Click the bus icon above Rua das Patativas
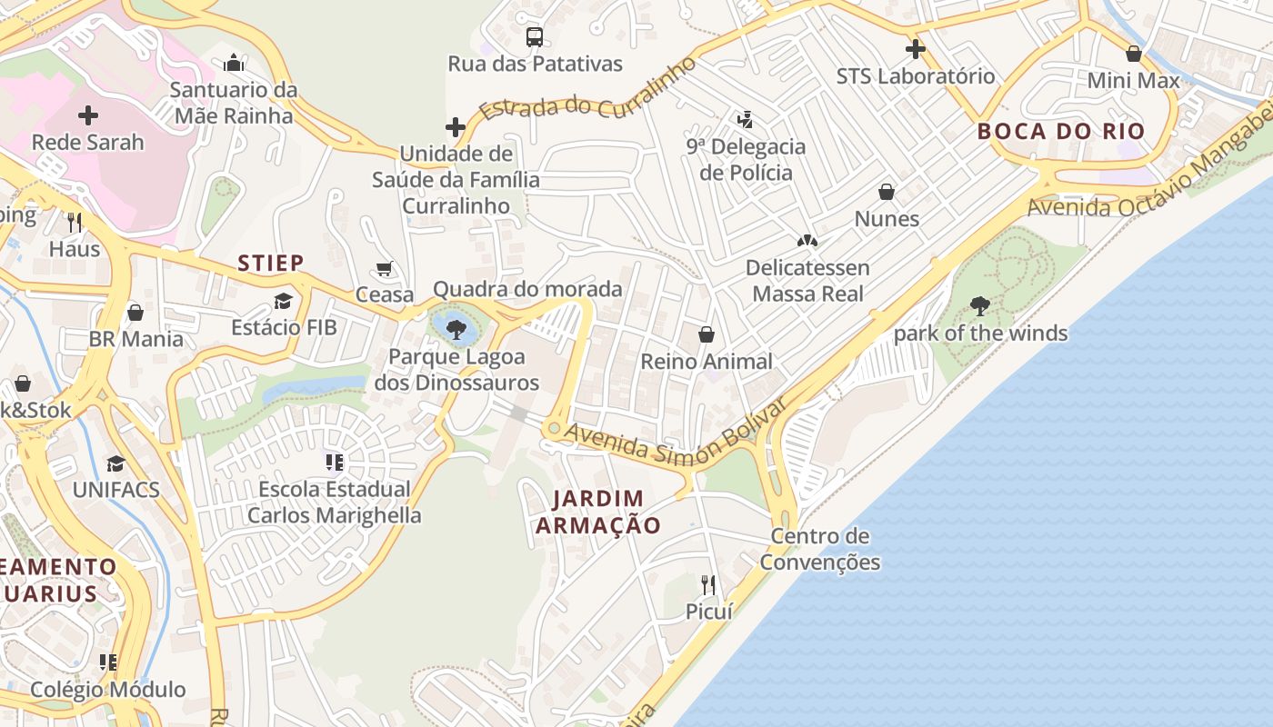tap(535, 37)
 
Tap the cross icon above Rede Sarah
tap(88, 115)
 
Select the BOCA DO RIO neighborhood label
tap(1061, 131)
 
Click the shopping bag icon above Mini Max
tap(1134, 54)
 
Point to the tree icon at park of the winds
tap(980, 306)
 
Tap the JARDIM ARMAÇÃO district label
tap(598, 512)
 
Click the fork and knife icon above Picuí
tap(708, 584)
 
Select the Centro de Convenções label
tap(820, 549)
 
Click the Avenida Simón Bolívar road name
tap(674, 433)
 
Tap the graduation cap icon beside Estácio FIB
tap(284, 301)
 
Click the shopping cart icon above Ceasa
tap(385, 268)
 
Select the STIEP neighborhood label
tap(271, 264)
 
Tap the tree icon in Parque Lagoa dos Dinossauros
tap(456, 329)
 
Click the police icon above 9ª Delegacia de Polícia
tap(746, 119)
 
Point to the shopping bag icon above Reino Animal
tap(707, 334)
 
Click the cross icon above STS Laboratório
tap(916, 49)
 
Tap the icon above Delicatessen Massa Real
tap(807, 241)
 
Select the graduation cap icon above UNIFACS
tap(115, 463)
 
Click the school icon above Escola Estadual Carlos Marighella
tap(335, 463)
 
